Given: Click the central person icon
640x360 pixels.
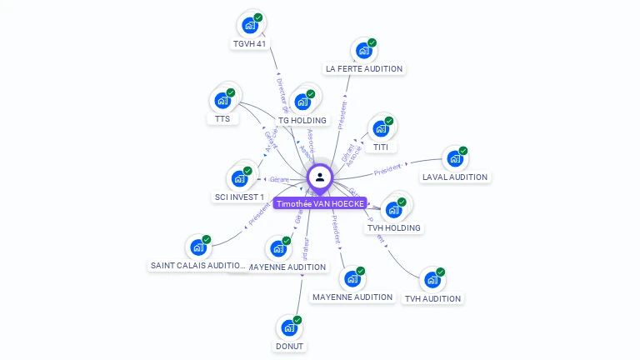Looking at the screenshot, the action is [320, 177].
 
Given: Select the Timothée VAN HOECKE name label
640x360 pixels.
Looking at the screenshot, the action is [320, 203].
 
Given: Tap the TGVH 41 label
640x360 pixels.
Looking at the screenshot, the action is [251, 44].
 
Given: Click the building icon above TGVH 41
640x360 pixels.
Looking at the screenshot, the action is [249, 25].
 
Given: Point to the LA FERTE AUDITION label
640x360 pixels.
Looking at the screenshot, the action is [364, 69].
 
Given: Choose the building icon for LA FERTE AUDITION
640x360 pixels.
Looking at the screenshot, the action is [363, 50].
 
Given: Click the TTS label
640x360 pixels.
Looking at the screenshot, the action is [222, 119].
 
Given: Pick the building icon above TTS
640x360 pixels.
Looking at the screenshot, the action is [222, 100].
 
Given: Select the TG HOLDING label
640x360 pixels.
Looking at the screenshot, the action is [302, 121].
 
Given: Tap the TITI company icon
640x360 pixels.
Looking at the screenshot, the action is [381, 128].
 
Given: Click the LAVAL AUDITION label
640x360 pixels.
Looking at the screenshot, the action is [455, 177].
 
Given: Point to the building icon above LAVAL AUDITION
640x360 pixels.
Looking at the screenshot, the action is [454, 157].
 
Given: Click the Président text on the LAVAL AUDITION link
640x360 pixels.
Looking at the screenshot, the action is [387, 170].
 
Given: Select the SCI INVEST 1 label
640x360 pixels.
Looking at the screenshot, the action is [239, 197].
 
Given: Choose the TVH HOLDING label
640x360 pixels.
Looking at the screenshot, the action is [394, 227].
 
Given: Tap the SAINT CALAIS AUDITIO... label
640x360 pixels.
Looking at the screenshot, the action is [197, 266].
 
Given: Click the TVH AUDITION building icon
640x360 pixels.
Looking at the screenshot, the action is [432, 279].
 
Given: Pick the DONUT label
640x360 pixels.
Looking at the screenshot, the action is [289, 346].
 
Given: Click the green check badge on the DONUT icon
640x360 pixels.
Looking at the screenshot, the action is [297, 320].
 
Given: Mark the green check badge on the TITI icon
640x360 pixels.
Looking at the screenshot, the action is [389, 121].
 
